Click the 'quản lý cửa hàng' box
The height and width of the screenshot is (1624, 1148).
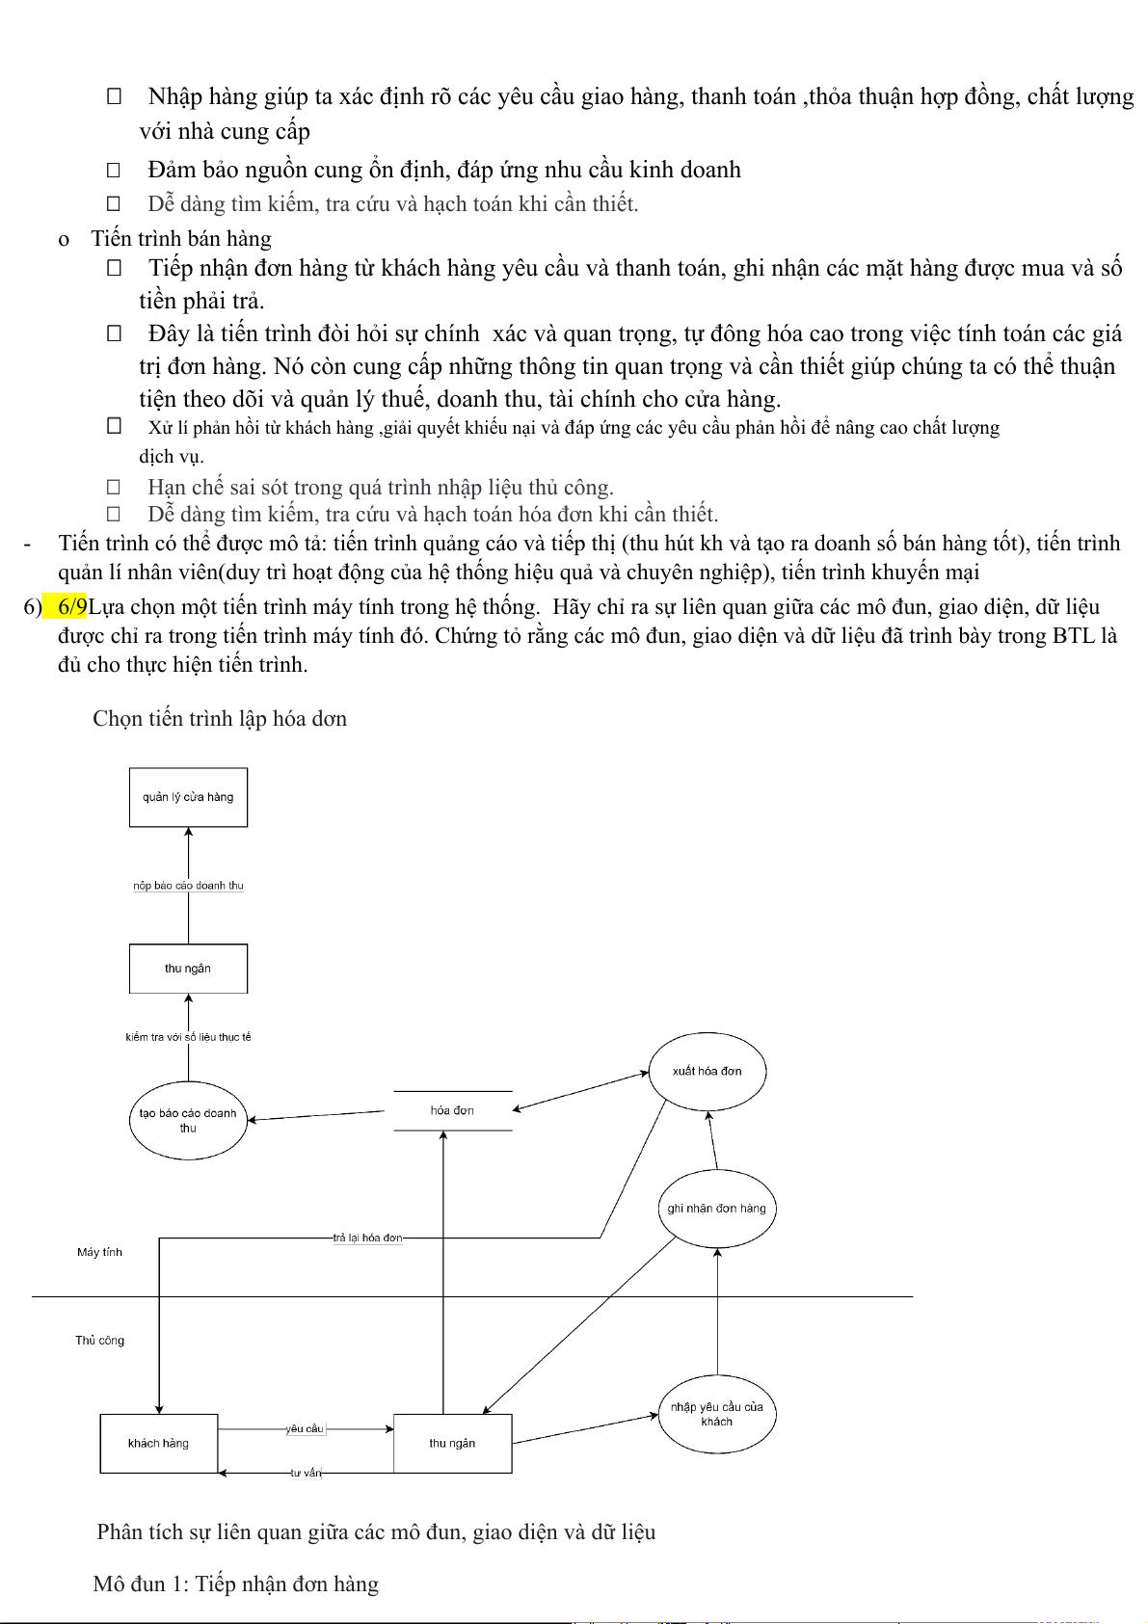[x=188, y=797]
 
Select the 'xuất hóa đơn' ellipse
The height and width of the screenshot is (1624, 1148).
[x=707, y=1071]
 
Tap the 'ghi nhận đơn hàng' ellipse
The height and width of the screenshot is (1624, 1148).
[x=716, y=1209]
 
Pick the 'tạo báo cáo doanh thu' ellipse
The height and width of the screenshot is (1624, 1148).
[x=188, y=1120]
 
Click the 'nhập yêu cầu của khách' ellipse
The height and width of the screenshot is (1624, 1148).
[x=716, y=1414]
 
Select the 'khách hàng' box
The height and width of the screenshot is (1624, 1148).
[x=158, y=1443]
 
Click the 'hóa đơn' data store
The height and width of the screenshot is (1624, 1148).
[x=452, y=1110]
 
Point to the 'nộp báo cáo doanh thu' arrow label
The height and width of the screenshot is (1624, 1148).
[x=188, y=885]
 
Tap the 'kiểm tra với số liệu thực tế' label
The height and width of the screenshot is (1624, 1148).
[x=188, y=1037]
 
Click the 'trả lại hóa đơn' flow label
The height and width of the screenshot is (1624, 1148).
[x=367, y=1238]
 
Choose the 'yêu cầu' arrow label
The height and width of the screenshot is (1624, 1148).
[x=305, y=1428]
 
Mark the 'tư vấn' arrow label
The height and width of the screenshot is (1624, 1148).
[x=307, y=1473]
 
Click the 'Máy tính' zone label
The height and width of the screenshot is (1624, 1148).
[x=99, y=1252]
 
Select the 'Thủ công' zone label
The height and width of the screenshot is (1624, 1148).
[x=99, y=1341]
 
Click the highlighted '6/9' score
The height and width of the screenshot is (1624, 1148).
[x=72, y=607]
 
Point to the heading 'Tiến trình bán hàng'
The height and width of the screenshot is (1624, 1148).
[x=181, y=239]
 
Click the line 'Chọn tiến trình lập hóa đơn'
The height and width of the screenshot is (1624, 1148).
[x=220, y=719]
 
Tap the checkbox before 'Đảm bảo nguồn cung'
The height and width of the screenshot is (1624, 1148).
[x=114, y=171]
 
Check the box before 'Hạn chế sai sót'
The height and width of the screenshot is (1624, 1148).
[x=114, y=488]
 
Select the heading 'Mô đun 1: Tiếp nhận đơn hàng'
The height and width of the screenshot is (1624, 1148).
[x=236, y=1584]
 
